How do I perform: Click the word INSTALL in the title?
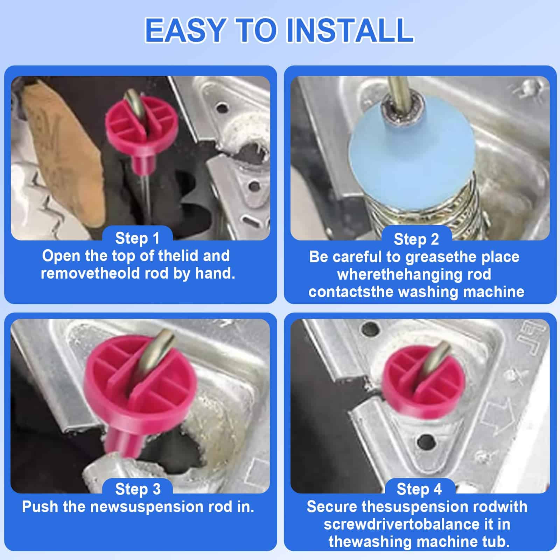pyautogui.click(x=350, y=30)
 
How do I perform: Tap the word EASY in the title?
pyautogui.click(x=185, y=30)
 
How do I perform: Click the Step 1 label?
pyautogui.click(x=138, y=238)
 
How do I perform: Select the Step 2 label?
pyautogui.click(x=416, y=239)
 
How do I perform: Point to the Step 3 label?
pyautogui.click(x=138, y=489)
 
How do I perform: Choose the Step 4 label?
pyautogui.click(x=419, y=489)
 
